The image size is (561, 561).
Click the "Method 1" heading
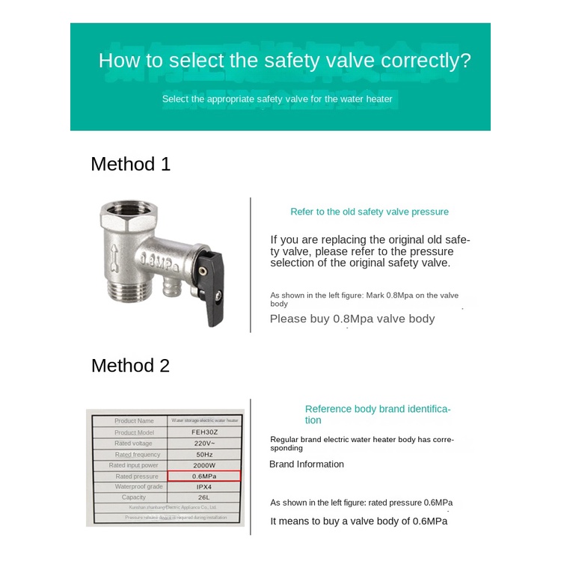pyautogui.click(x=131, y=164)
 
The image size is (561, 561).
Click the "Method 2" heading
pyautogui.click(x=131, y=365)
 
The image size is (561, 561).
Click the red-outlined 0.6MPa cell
pyautogui.click(x=204, y=476)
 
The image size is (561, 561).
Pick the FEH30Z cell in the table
pyautogui.click(x=204, y=432)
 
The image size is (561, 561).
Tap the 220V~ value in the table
pyautogui.click(x=204, y=444)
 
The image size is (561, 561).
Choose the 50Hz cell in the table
pyautogui.click(x=204, y=454)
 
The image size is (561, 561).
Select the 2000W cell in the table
pyautogui.click(x=204, y=465)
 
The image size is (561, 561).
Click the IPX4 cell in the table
pyautogui.click(x=204, y=486)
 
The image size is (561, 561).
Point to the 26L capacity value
pyautogui.click(x=204, y=497)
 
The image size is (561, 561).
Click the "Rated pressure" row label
pyautogui.click(x=136, y=476)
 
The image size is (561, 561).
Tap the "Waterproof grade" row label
pyautogui.click(x=135, y=486)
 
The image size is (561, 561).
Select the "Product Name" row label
pyautogui.click(x=135, y=421)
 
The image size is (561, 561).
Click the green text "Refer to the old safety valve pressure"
pyautogui.click(x=370, y=212)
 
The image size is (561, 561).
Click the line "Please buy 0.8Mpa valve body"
pyautogui.click(x=352, y=319)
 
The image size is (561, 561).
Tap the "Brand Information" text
pyautogui.click(x=307, y=465)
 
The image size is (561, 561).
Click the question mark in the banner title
pyautogui.click(x=466, y=61)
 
